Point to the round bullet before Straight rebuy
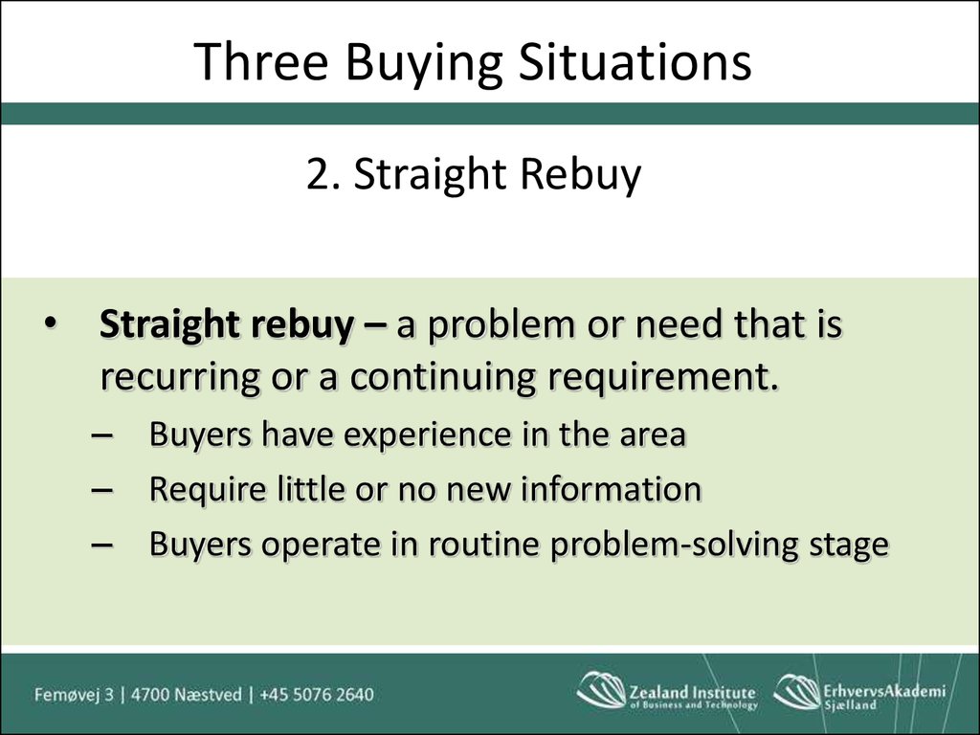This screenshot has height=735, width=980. point(50,323)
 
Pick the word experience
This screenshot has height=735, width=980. point(428,435)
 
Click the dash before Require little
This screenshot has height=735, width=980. point(101,489)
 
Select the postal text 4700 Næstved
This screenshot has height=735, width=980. point(187,695)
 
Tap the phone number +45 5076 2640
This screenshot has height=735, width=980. point(316,695)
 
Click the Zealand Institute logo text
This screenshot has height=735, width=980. point(693,697)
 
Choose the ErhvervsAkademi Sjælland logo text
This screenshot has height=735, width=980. point(884,697)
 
